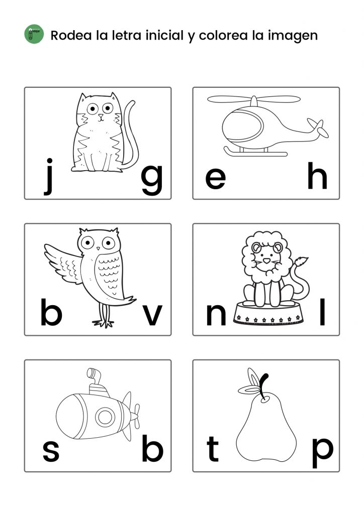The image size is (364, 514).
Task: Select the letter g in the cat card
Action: point(152,180)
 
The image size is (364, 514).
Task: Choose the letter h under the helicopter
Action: point(317,176)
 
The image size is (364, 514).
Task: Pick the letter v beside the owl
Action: point(152,315)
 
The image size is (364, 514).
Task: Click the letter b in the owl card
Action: point(51,312)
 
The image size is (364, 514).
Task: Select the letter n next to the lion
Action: point(216,315)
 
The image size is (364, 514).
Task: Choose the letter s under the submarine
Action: point(51,451)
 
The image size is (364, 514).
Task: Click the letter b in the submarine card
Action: point(152,448)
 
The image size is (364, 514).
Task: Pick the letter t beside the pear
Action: point(212,449)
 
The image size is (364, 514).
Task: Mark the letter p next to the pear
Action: point(322,453)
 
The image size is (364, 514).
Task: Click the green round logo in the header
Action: point(34,34)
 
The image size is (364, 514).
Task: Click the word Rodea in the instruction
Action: point(71,35)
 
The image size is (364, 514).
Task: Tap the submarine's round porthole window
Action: point(105,417)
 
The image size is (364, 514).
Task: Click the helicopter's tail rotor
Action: point(318,128)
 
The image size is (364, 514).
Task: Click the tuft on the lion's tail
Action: point(301,261)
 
